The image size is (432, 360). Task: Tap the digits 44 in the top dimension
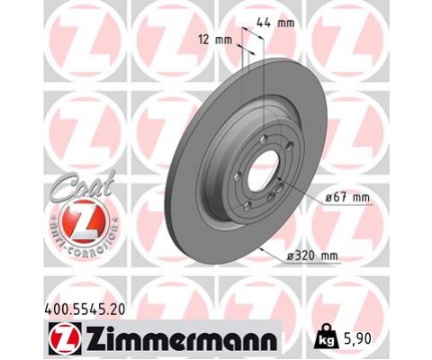click(264, 22)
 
